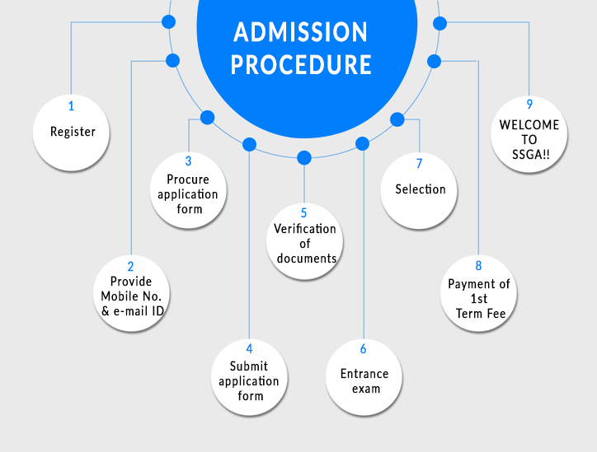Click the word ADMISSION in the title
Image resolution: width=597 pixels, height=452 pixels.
click(300, 32)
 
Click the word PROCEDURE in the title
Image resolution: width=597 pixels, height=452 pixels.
click(300, 64)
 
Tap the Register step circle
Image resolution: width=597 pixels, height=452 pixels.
click(73, 132)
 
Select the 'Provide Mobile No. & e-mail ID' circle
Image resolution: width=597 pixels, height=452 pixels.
click(130, 292)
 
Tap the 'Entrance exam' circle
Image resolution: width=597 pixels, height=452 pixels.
click(364, 378)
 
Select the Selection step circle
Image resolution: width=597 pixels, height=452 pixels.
click(420, 189)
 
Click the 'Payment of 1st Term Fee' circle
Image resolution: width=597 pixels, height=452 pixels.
click(478, 292)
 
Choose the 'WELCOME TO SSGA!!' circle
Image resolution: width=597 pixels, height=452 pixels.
click(529, 133)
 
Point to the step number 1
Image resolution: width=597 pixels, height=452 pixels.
click(71, 106)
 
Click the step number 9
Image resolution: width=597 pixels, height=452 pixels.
click(529, 104)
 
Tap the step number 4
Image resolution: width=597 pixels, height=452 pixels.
click(249, 348)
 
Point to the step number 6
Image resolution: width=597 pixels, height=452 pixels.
click(363, 349)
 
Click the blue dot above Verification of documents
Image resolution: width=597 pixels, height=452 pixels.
click(304, 157)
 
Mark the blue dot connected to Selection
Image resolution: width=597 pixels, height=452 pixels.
click(397, 119)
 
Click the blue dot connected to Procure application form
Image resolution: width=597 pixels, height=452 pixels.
click(208, 118)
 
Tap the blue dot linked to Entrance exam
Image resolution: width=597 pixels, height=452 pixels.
click(362, 144)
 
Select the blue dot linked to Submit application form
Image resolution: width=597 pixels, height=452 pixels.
click(249, 145)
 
